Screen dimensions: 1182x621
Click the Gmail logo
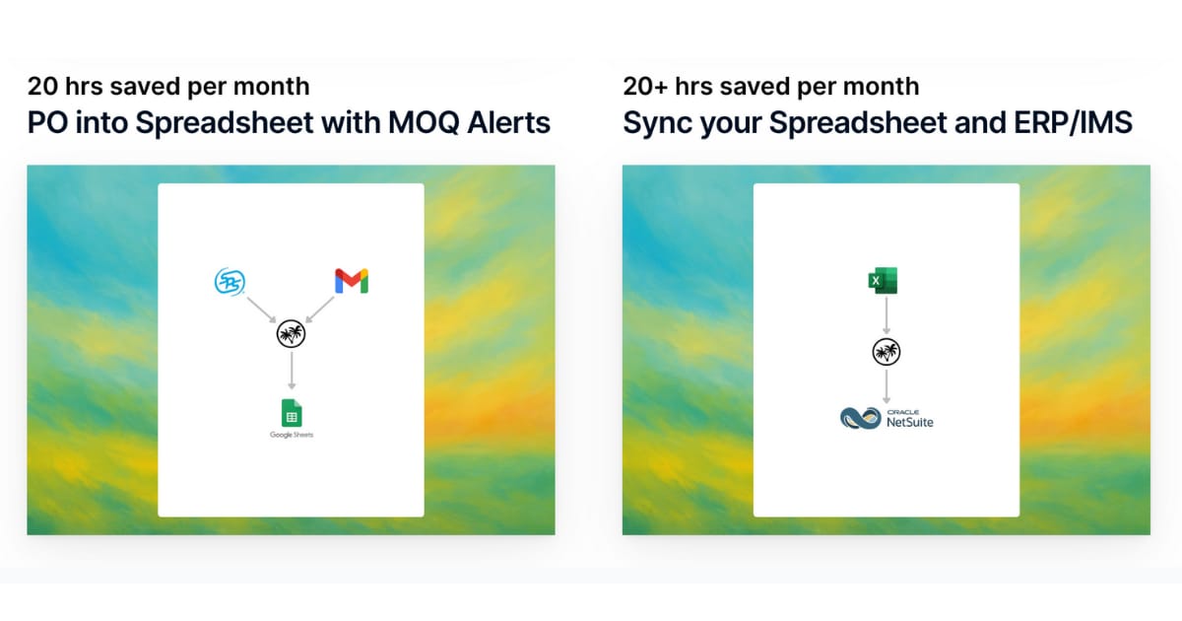(352, 281)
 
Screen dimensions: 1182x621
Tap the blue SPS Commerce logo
(230, 281)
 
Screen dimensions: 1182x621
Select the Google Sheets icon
(292, 412)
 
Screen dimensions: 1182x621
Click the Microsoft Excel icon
(883, 280)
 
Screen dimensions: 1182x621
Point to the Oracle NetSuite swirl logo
(861, 418)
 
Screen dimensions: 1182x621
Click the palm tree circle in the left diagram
(291, 334)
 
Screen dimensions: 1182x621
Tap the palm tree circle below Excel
(886, 352)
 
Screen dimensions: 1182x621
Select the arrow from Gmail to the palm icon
(320, 310)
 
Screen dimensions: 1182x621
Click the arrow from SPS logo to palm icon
(262, 310)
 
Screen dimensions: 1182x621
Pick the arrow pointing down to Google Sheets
(292, 371)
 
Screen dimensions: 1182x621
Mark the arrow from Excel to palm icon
(886, 315)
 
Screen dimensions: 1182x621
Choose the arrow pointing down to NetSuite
(886, 386)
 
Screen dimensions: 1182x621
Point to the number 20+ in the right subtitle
(645, 86)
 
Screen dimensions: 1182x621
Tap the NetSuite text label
(910, 422)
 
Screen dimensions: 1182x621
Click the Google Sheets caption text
(292, 435)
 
